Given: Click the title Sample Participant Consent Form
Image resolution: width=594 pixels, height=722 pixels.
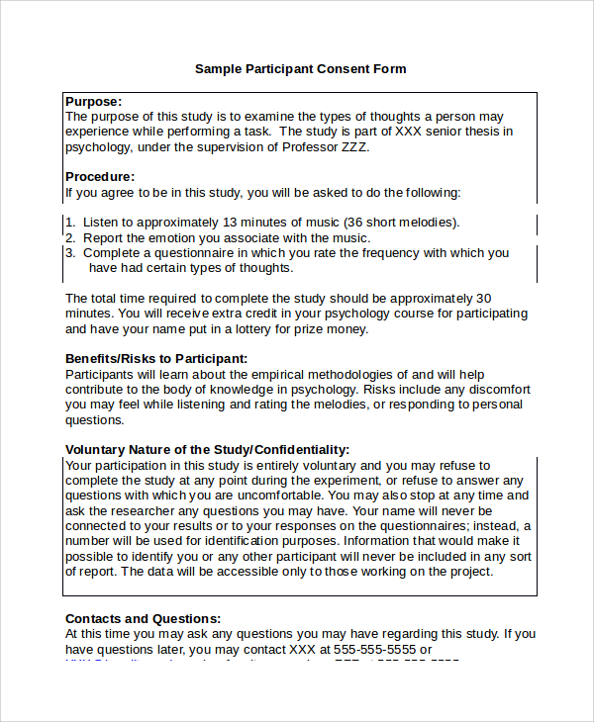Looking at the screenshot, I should [300, 69].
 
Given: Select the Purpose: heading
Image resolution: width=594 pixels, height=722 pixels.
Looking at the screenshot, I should [94, 101].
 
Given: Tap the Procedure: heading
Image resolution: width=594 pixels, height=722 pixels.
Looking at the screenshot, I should [100, 177].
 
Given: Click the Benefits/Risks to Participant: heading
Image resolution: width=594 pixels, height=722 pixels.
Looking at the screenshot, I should [156, 358].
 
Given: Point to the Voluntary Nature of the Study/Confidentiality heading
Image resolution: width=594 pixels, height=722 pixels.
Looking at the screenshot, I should [207, 449].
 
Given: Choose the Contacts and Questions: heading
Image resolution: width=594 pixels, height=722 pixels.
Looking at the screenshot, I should [143, 618].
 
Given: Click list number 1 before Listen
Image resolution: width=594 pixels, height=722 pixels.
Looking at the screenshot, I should [69, 223].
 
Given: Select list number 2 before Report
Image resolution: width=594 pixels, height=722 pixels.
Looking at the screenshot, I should [69, 238].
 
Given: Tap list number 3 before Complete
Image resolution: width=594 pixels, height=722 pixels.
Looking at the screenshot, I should [69, 253].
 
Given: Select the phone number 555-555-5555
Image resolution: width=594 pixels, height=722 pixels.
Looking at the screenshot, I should [373, 650].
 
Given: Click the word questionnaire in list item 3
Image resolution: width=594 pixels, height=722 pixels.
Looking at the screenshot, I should [184, 253].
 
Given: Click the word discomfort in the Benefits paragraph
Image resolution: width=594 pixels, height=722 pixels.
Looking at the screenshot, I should [498, 390].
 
